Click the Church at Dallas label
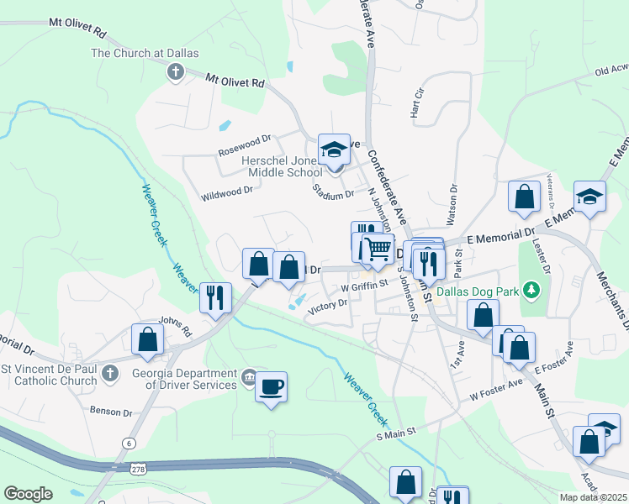[145, 53]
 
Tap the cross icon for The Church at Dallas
[176, 72]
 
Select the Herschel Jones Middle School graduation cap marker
[334, 150]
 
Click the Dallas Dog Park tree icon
[531, 291]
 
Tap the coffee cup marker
[271, 387]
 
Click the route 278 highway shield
[137, 472]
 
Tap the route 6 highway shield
[129, 442]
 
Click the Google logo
[28, 493]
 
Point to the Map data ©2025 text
[593, 497]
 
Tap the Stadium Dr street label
[333, 195]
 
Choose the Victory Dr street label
[327, 307]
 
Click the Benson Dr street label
[111, 412]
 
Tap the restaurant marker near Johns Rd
[215, 297]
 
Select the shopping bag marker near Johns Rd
[148, 340]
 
